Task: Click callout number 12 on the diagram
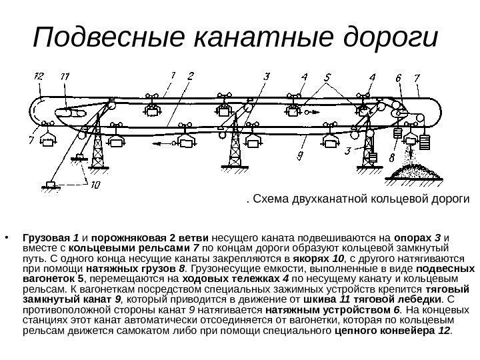point(39,77)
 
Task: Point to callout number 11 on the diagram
point(65,77)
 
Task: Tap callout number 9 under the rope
point(301,156)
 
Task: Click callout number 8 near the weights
point(392,158)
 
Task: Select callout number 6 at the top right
point(397,77)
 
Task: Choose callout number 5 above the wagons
point(327,77)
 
